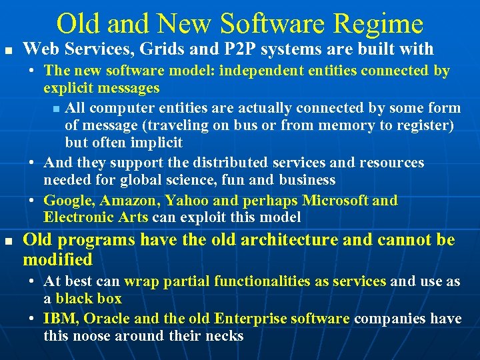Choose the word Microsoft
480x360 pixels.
[335, 201]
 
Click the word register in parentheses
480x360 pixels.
[425, 125]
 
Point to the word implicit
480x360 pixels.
[158, 143]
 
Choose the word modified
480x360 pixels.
[57, 259]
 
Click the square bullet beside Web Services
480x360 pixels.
[7, 51]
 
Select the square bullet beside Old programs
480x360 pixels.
[7, 241]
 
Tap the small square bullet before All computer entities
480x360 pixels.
[55, 109]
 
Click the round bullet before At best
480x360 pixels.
[33, 282]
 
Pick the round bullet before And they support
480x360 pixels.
[33, 163]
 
